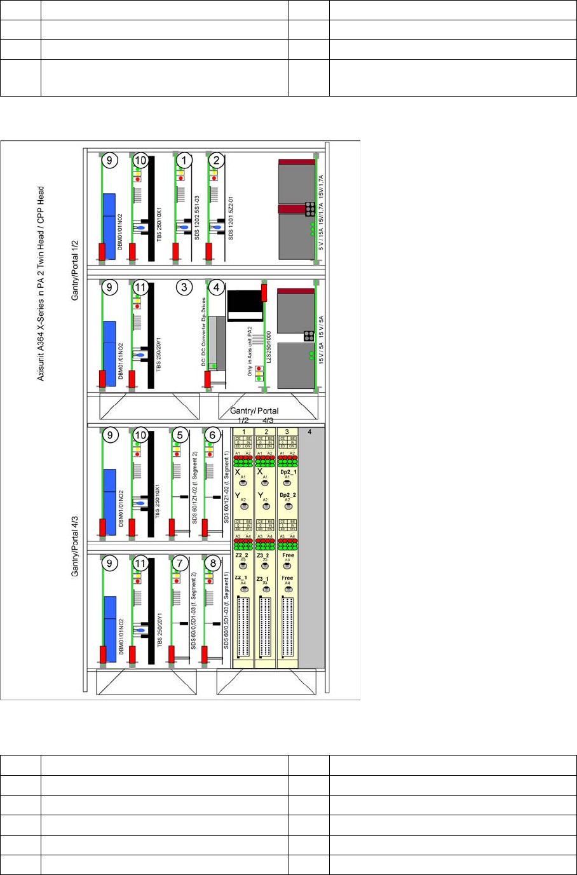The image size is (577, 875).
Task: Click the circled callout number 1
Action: (x=184, y=161)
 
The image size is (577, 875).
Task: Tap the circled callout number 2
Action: (x=217, y=161)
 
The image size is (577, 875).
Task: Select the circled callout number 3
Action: (x=184, y=287)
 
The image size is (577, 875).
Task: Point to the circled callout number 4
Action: (x=217, y=287)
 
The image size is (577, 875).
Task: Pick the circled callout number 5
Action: (x=180, y=435)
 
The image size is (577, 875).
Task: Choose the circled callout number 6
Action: (x=213, y=435)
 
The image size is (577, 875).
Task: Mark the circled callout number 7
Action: (x=180, y=563)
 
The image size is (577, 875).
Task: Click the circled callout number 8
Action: (x=213, y=563)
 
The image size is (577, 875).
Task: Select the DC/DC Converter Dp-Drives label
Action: (x=204, y=332)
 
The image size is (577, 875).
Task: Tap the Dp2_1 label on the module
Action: (x=288, y=471)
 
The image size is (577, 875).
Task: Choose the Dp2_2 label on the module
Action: (x=288, y=494)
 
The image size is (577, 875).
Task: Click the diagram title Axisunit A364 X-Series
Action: (x=41, y=283)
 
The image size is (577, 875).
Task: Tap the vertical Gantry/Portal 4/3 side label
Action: (x=75, y=538)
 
